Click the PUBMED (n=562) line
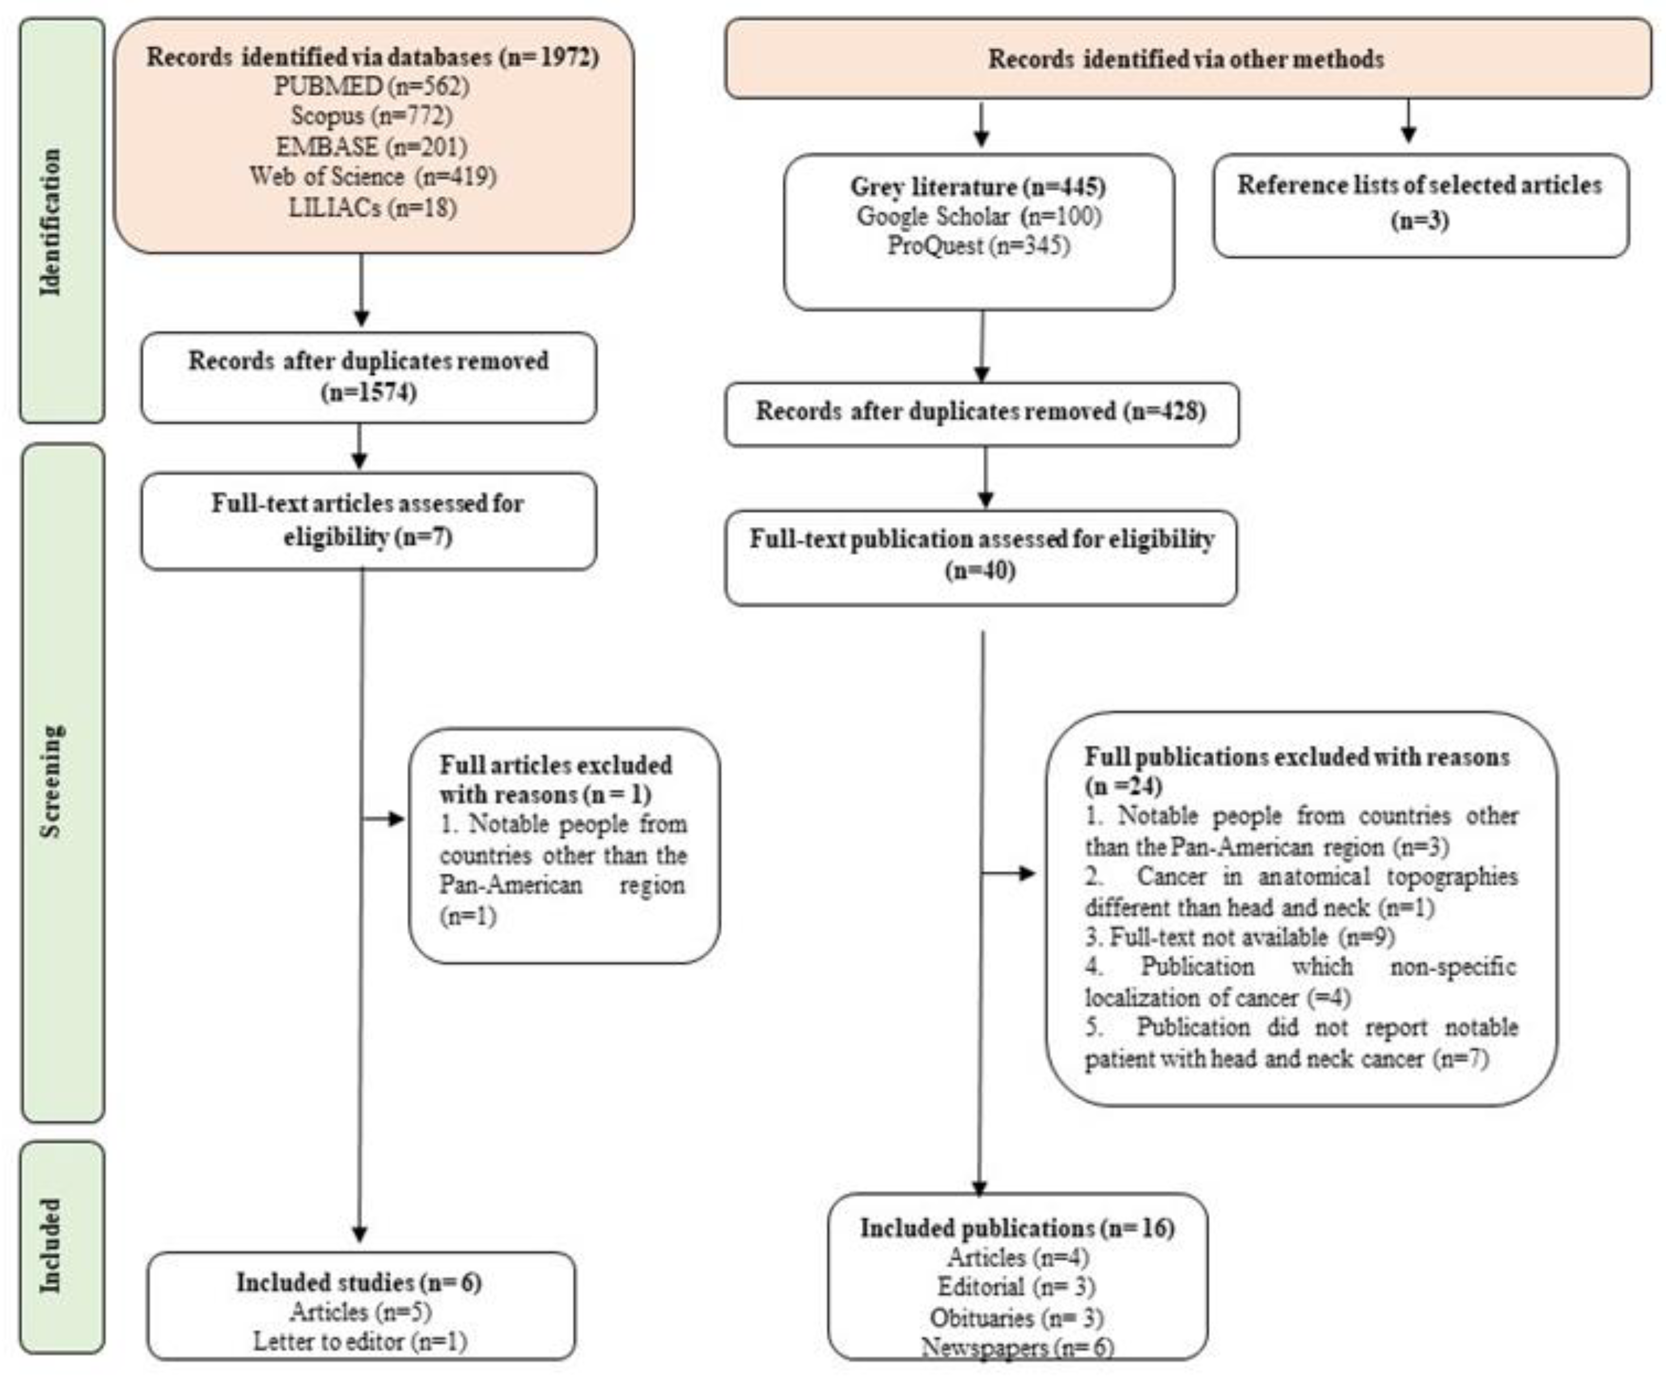pos(371,86)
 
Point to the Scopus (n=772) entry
pos(371,116)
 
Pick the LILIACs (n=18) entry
pos(371,208)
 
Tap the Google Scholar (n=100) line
pos(978,216)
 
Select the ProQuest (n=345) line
pos(978,246)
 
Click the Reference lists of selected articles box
pos(1420,205)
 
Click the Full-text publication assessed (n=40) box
pos(981,555)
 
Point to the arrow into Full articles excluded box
pos(385,819)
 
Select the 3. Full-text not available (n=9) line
pos(1239,937)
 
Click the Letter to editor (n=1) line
pos(360,1341)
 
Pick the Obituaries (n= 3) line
pos(1016,1318)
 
